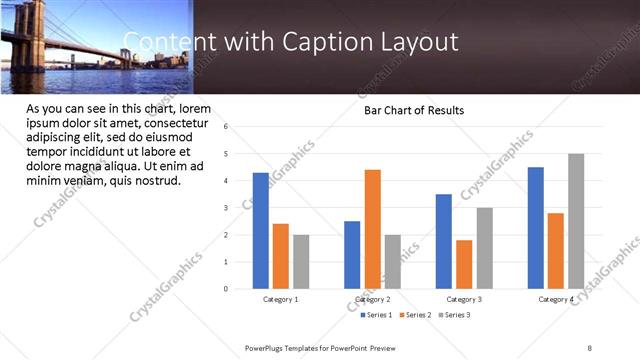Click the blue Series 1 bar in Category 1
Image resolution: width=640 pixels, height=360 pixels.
[260, 231]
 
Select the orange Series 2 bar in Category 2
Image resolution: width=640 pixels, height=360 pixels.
[372, 229]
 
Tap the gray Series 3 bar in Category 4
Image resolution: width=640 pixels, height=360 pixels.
[576, 221]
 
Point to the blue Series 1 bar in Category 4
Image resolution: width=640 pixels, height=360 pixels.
[536, 228]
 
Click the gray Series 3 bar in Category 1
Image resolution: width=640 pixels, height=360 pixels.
[301, 262]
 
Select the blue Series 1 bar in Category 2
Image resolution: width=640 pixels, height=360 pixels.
[352, 255]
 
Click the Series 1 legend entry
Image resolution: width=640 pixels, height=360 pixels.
[376, 315]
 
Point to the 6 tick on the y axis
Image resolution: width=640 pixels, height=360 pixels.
[226, 127]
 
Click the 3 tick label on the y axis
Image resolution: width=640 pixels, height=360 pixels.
[226, 208]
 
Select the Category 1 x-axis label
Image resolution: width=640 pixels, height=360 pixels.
[281, 300]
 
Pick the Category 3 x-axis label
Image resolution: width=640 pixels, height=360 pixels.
[464, 300]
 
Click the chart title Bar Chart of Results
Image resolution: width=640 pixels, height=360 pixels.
[413, 110]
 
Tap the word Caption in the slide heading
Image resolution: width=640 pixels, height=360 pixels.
[318, 41]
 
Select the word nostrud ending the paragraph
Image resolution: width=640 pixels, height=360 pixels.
[155, 181]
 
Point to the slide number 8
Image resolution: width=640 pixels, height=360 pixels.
[590, 347]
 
